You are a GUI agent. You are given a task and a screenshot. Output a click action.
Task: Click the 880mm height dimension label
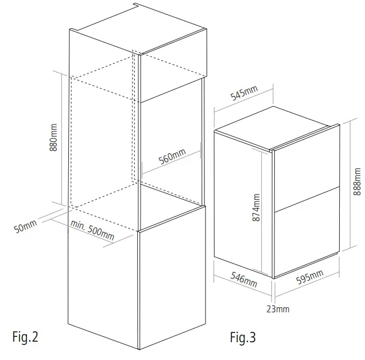(x=54, y=138)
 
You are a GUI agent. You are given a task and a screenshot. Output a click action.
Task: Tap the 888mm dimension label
(x=357, y=184)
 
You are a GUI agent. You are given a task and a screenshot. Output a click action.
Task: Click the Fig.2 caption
(x=25, y=337)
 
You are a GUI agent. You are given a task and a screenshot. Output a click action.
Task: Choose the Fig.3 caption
(x=243, y=337)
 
